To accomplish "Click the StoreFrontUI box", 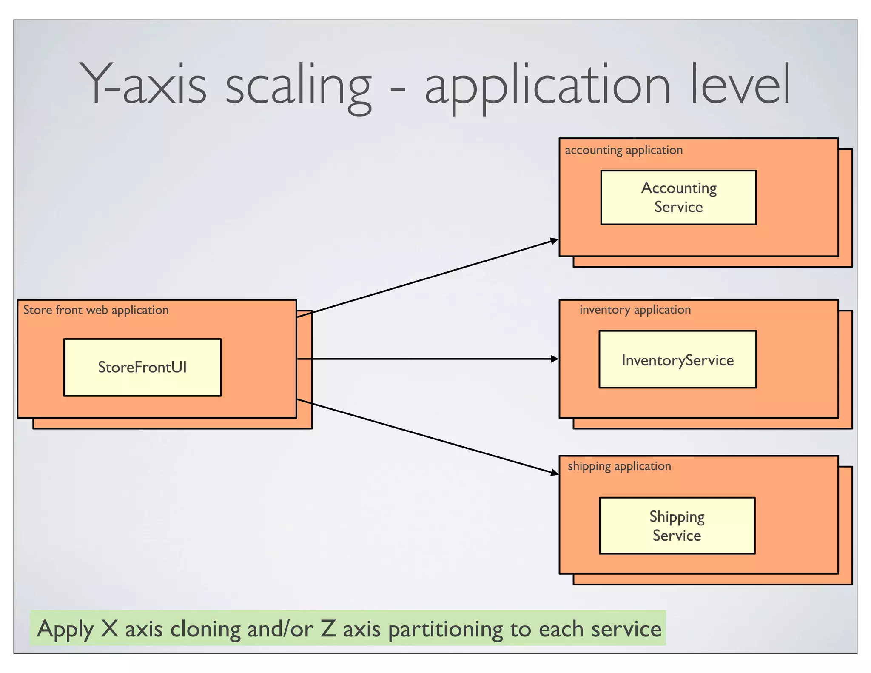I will pos(142,367).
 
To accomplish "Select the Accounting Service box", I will pos(678,197).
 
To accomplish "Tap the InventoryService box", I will pos(677,359).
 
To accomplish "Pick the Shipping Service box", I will pos(677,525).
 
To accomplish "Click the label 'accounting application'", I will pos(623,150).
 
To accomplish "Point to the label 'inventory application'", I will pos(635,310).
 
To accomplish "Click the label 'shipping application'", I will pos(619,466).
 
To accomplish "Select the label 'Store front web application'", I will pos(96,310).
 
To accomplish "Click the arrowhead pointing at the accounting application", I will pos(554,241).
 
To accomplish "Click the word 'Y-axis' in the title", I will pos(142,85).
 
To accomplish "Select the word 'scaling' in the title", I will pos(298,87).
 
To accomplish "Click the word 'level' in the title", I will pos(740,85).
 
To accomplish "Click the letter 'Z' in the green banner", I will pos(328,628).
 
